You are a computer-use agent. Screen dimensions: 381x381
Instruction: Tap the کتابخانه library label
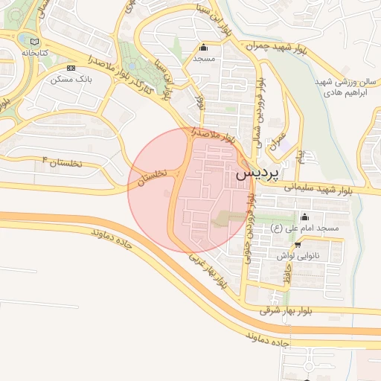(35, 54)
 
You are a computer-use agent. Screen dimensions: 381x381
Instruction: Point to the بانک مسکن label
(83, 78)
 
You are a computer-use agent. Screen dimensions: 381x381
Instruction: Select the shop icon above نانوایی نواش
(298, 244)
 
